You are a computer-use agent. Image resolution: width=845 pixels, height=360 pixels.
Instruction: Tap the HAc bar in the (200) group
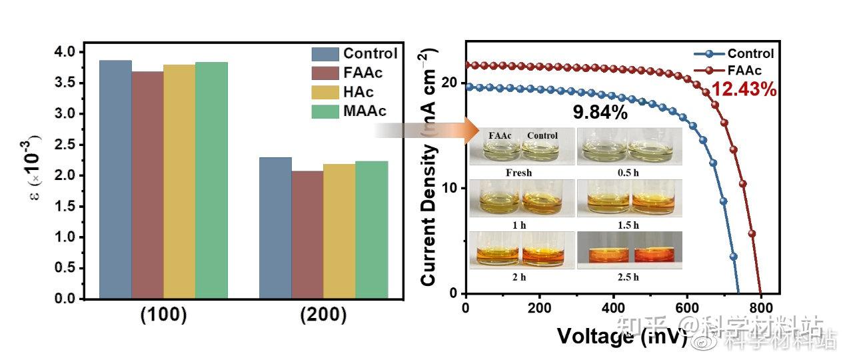339,231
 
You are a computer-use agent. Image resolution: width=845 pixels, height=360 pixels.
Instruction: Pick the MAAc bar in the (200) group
371,229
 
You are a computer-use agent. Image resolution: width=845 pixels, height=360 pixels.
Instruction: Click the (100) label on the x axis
163,315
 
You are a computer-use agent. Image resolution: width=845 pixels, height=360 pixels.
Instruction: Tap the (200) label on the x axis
323,315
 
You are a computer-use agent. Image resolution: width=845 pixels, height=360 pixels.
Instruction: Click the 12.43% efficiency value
743,89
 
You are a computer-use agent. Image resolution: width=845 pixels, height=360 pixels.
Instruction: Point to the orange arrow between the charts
426,129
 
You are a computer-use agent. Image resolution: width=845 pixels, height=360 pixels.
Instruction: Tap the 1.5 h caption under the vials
629,225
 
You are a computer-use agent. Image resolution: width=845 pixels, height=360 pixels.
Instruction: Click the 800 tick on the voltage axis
760,307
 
